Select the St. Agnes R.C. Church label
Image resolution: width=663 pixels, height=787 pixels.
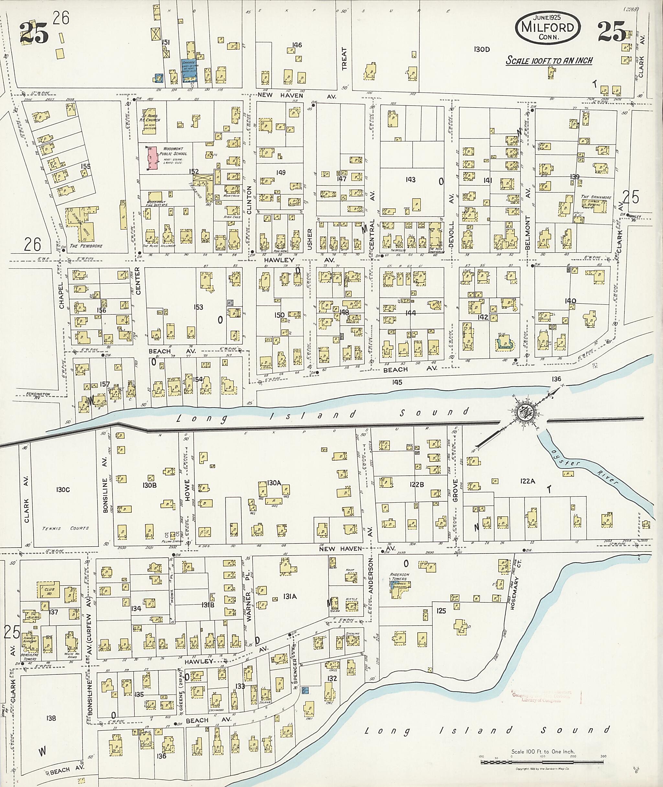[x=152, y=117]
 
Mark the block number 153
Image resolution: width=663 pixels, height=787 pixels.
[x=198, y=307]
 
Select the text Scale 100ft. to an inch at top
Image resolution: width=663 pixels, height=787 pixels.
[x=549, y=60]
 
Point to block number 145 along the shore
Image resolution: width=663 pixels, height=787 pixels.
[x=397, y=382]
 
